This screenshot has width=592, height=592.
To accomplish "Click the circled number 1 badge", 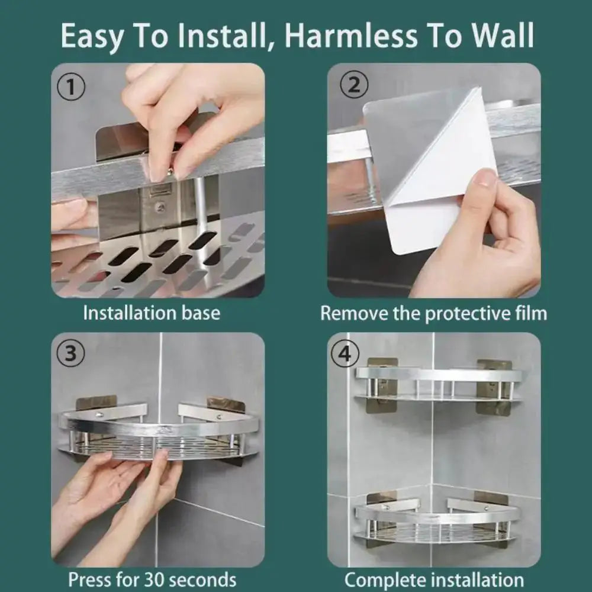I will [70, 88].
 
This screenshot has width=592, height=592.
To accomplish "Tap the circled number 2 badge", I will [353, 86].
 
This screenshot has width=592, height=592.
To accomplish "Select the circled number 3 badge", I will [70, 353].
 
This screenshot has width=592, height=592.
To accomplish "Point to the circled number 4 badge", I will [349, 353].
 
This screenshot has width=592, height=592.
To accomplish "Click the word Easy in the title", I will [91, 37].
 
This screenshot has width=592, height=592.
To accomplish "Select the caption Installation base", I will [151, 313].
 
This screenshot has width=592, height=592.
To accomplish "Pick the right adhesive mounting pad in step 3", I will [226, 404].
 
